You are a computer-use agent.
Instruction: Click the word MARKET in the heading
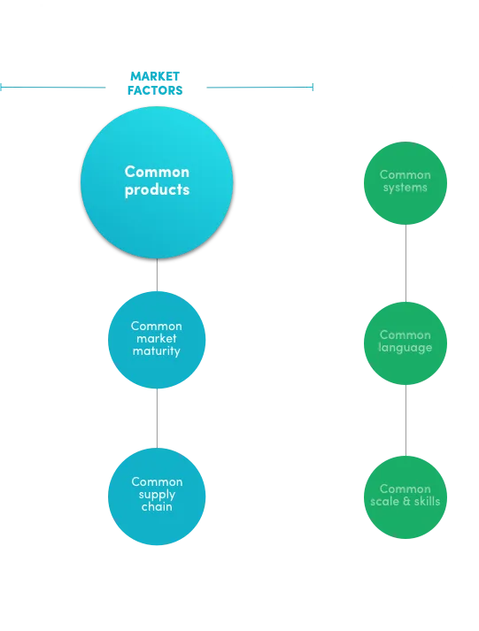[x=155, y=76]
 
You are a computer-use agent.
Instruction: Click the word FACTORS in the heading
[x=155, y=90]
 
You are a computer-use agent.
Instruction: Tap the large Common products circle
[x=157, y=182]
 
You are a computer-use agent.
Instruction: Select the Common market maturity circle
[x=157, y=340]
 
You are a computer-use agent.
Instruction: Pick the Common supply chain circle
[x=157, y=496]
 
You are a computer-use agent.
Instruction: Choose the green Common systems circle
[x=406, y=183]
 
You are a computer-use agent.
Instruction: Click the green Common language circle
[x=406, y=343]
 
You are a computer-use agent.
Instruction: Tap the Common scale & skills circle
[x=406, y=497]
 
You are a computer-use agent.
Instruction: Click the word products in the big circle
[x=157, y=190]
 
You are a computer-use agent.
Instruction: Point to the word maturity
[x=157, y=351]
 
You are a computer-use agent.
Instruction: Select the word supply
[x=157, y=495]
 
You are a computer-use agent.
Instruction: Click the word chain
[x=157, y=506]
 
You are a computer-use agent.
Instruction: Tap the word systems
[x=406, y=188]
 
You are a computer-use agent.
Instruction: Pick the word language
[x=406, y=348]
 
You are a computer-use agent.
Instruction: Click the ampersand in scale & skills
[x=406, y=501]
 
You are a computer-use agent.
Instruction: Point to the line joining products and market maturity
[x=157, y=275]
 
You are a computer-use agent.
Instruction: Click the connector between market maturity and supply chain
[x=157, y=418]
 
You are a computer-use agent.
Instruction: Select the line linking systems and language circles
[x=406, y=263]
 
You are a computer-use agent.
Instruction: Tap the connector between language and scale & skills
[x=406, y=420]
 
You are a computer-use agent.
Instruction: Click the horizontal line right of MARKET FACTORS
[x=260, y=87]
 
